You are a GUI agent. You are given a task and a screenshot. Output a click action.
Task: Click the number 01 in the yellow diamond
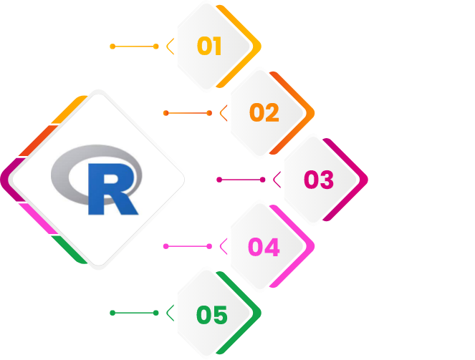coord(210,47)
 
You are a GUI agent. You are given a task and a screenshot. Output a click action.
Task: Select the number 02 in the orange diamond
coord(264,113)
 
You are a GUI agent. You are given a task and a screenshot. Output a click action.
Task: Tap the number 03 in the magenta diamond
coord(319,180)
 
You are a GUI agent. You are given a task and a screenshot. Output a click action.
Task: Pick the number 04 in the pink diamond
coord(264,247)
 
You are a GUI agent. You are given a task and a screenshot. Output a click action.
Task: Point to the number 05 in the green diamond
coord(211,314)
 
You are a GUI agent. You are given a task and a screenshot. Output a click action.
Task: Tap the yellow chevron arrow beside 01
coord(170,47)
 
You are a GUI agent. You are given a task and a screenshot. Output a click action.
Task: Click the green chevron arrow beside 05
coord(170,313)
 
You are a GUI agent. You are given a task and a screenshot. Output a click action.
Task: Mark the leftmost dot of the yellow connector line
coord(112,47)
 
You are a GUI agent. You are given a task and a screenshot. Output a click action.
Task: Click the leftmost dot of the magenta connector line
coord(219,180)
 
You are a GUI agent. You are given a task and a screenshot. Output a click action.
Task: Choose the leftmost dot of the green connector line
coord(112,313)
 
